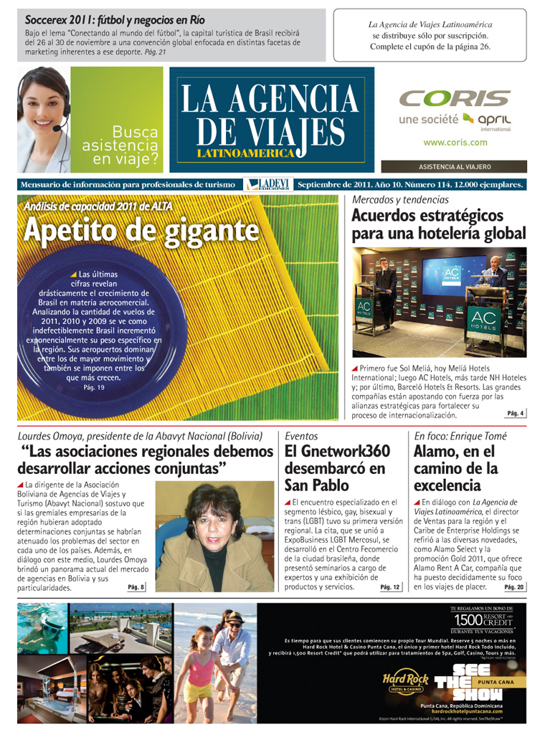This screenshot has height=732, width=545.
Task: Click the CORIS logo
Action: tap(455, 98)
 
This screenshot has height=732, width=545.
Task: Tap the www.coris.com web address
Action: tap(455, 143)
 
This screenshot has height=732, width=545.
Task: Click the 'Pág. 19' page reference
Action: tap(94, 388)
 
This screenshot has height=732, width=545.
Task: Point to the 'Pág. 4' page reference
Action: tap(516, 414)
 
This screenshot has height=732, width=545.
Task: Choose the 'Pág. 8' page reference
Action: tap(136, 587)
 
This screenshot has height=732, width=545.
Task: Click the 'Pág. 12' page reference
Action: tap(391, 587)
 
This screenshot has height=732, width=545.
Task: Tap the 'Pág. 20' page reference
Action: tap(514, 587)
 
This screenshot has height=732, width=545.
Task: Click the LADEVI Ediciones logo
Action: tap(268, 185)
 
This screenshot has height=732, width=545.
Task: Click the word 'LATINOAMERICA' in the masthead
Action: tap(246, 153)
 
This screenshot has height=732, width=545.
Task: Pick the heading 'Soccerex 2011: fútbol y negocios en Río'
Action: tap(115, 20)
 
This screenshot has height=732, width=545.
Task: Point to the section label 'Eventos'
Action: tap(301, 436)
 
